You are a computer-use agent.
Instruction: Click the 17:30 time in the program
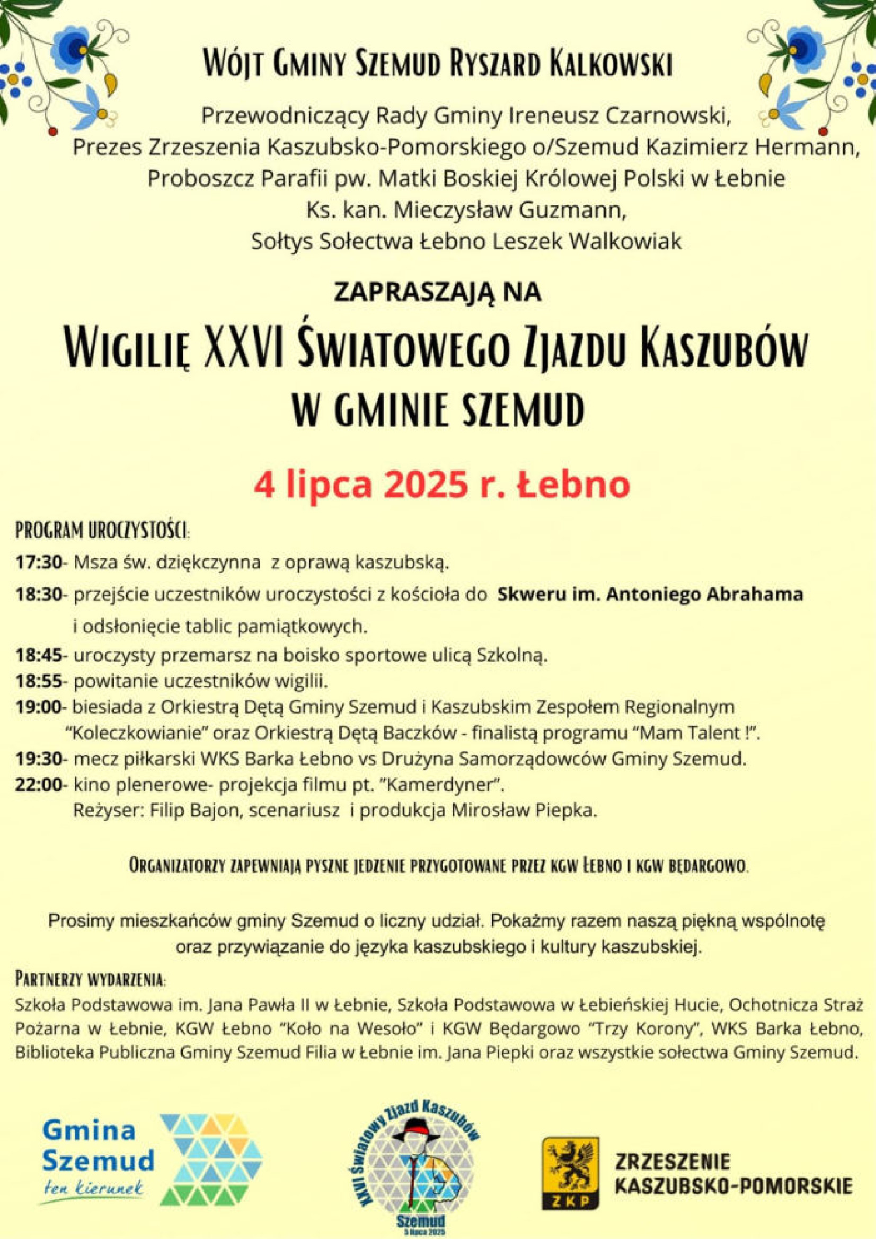[x=39, y=563]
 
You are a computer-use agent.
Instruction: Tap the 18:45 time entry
[x=39, y=656]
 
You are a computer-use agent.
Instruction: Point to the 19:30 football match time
[x=39, y=759]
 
